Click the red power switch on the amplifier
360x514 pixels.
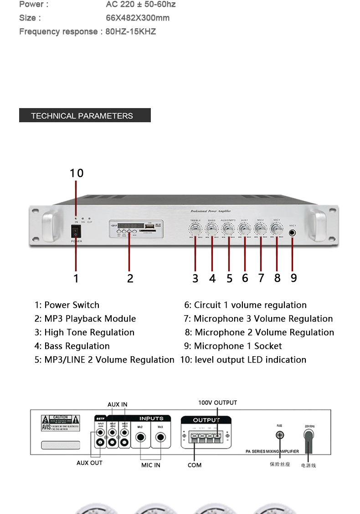[76, 231]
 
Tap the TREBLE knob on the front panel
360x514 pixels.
[195, 230]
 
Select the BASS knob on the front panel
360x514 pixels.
[212, 230]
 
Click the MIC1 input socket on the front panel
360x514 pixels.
[293, 233]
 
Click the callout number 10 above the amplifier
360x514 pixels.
[77, 173]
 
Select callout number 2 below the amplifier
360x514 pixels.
[130, 278]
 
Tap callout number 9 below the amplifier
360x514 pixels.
[293, 278]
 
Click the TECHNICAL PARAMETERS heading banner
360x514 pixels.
[85, 115]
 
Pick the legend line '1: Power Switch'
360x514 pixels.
[67, 305]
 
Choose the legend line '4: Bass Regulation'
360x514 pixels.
[72, 346]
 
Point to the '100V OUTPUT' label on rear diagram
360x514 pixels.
[217, 403]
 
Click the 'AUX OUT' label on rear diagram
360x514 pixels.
[89, 463]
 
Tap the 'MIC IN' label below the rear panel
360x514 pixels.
[150, 465]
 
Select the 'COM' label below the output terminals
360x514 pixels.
[195, 465]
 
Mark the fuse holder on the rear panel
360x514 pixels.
[280, 435]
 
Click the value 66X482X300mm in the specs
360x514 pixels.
[138, 18]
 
